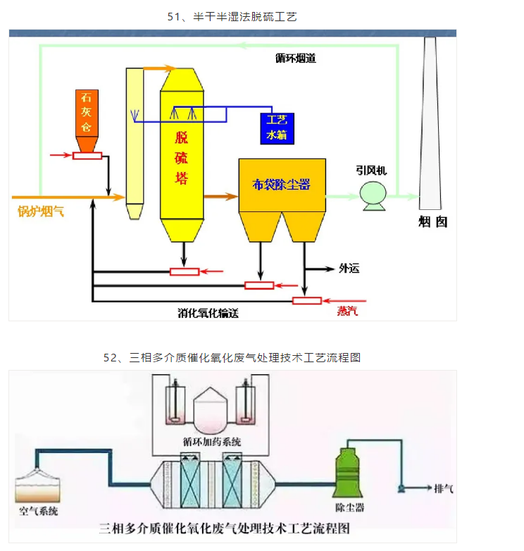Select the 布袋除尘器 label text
[282, 185]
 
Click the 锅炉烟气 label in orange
[41, 211]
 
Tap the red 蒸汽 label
[347, 311]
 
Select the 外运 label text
[349, 268]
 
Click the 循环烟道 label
[295, 59]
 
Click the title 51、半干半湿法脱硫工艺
[232, 16]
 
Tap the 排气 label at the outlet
[444, 488]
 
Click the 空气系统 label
[39, 510]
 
